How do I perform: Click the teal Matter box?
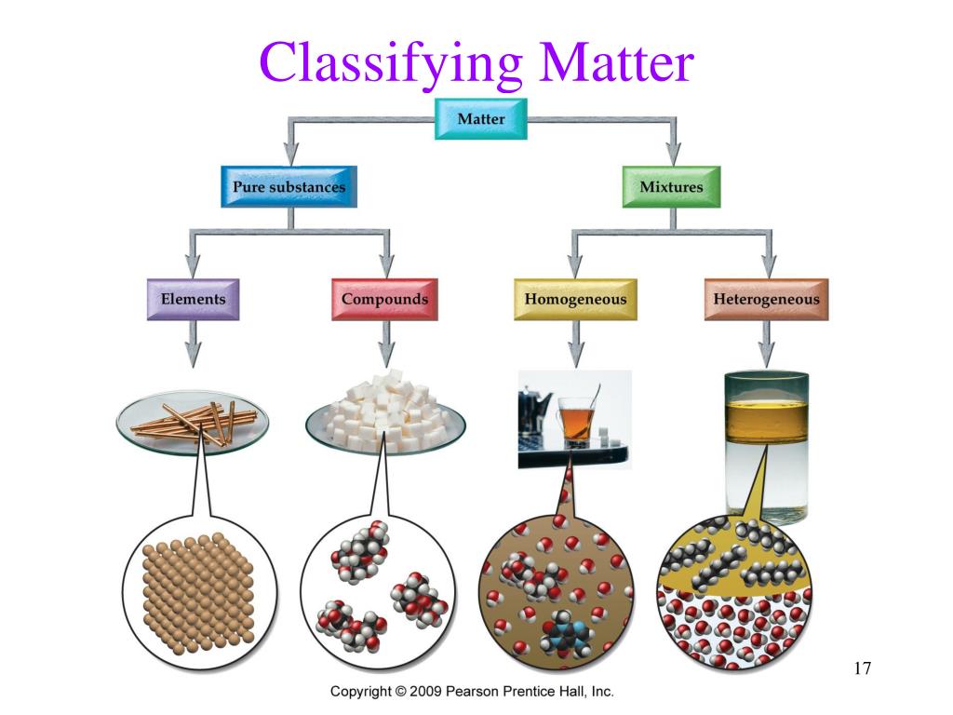(481, 119)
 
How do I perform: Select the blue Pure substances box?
(289, 186)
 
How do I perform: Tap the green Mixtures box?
(672, 186)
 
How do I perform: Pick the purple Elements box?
(194, 299)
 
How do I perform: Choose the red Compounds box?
(384, 299)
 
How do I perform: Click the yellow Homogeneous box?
(575, 299)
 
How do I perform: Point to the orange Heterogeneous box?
(767, 299)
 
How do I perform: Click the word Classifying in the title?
(391, 62)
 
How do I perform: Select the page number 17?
(862, 668)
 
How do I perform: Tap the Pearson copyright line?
(472, 692)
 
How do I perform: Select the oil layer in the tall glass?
(767, 421)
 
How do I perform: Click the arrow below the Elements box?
(194, 344)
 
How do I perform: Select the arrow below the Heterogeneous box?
(767, 344)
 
